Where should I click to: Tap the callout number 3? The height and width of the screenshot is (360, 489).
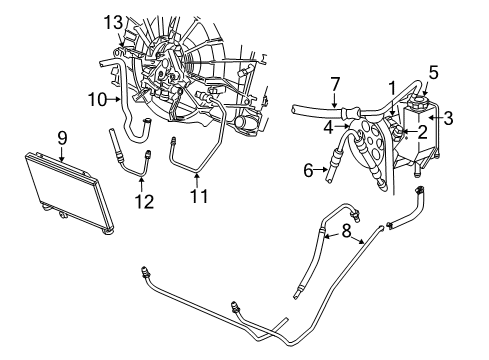coord(448,119)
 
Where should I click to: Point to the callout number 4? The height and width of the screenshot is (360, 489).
coord(329,128)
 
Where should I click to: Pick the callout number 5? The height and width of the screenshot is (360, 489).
coord(433,72)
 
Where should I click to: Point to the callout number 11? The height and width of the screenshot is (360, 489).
coord(199,197)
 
